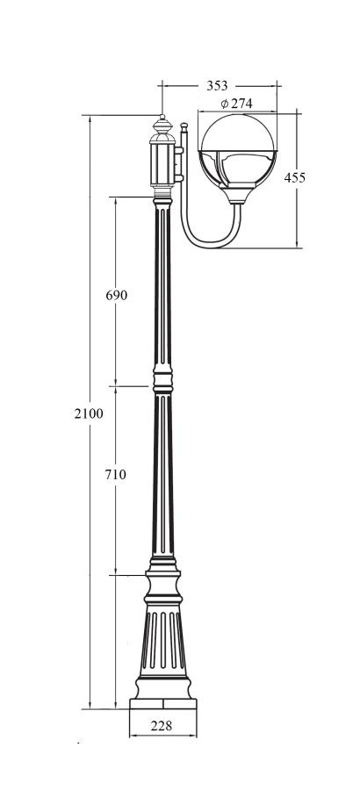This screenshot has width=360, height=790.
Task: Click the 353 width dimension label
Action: [217, 86]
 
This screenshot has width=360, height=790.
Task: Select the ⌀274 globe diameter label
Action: [236, 104]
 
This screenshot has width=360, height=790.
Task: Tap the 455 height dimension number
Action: [294, 177]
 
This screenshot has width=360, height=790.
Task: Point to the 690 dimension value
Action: [117, 295]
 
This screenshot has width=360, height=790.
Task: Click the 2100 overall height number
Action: [89, 413]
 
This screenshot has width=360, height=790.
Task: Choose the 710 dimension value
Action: [115, 474]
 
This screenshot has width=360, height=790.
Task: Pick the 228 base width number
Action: [162, 726]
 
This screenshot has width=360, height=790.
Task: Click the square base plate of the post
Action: [162, 704]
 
